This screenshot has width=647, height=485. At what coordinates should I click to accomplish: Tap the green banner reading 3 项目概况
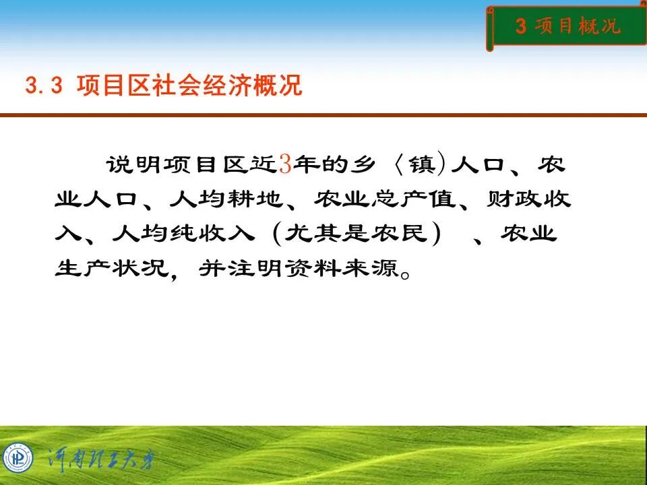point(567,27)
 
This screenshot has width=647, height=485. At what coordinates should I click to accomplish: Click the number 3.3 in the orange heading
point(43,86)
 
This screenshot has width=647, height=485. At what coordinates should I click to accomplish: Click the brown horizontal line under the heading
point(323,115)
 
